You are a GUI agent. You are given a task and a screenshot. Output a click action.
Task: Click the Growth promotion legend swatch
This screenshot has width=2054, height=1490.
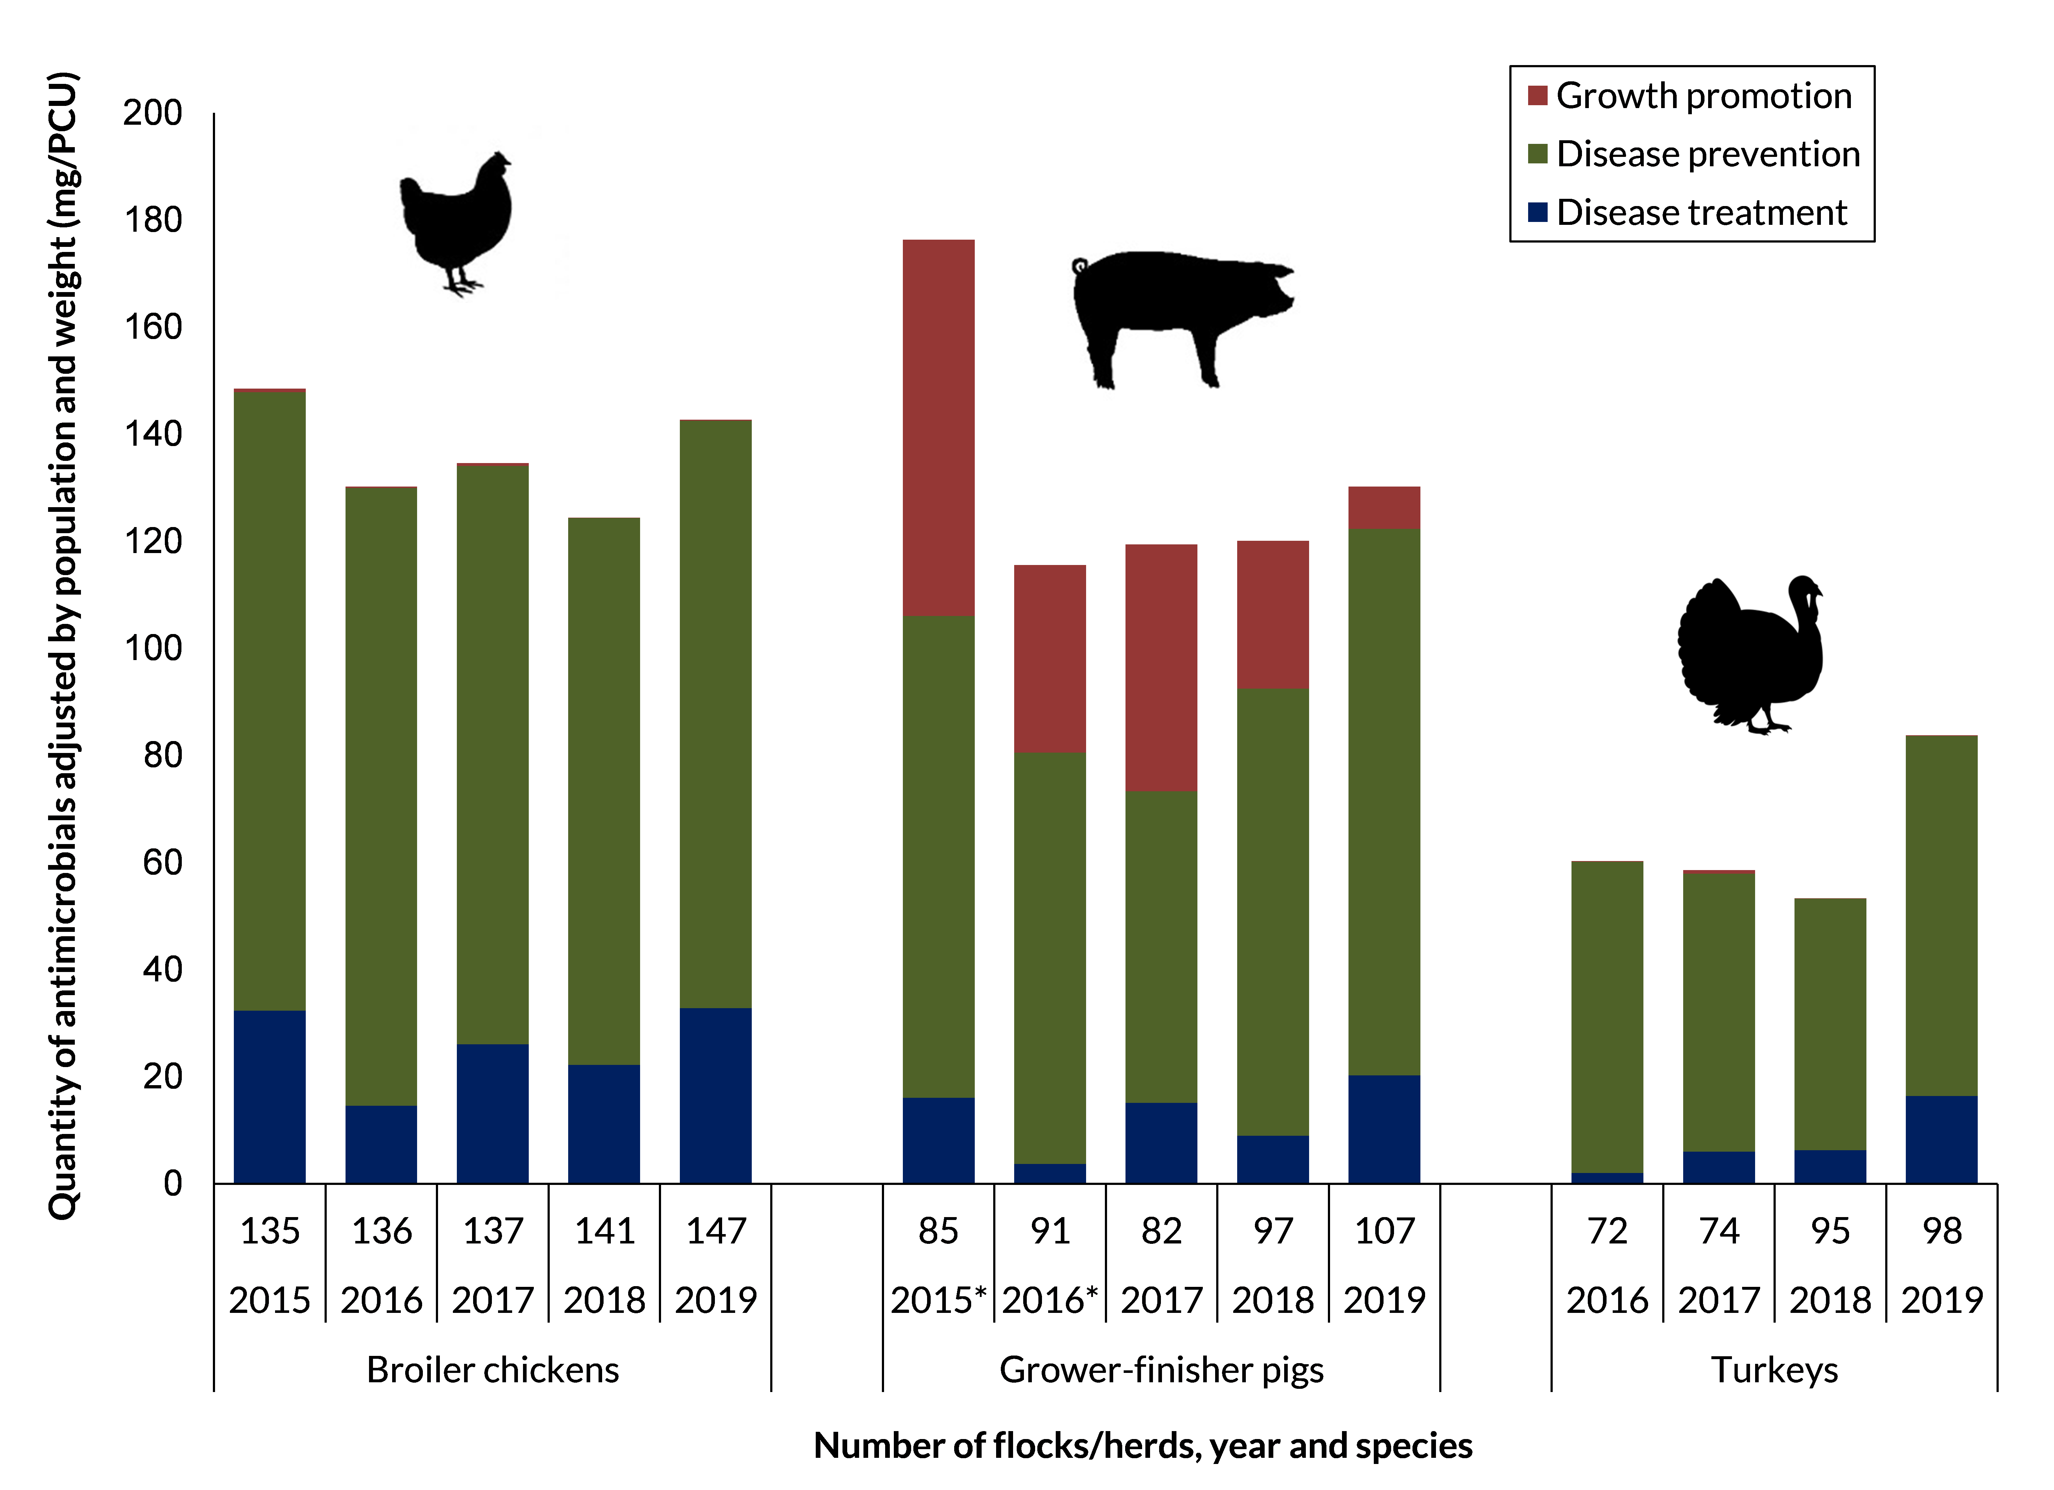pos(1537,95)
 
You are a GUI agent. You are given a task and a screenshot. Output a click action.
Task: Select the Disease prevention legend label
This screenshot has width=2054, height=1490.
pos(1707,154)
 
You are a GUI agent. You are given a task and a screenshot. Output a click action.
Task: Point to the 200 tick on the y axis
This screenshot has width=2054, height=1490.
pos(152,113)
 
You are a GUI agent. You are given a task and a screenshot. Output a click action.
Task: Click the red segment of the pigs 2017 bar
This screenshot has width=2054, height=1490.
pos(1161,668)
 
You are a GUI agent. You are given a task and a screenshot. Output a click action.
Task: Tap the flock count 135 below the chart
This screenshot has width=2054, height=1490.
pos(270,1231)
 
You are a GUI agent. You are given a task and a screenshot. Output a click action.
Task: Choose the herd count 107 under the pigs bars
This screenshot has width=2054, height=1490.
pos(1384,1231)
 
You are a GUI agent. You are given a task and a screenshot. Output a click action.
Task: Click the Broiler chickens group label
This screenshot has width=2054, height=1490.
pos(493,1370)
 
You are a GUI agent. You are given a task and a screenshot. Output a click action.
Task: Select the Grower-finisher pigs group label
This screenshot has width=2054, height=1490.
pos(1161,1370)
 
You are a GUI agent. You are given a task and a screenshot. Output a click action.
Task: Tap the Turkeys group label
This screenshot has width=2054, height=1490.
pos(1774,1370)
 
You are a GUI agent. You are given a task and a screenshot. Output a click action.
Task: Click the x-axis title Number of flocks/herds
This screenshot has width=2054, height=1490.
pos(1143,1446)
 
